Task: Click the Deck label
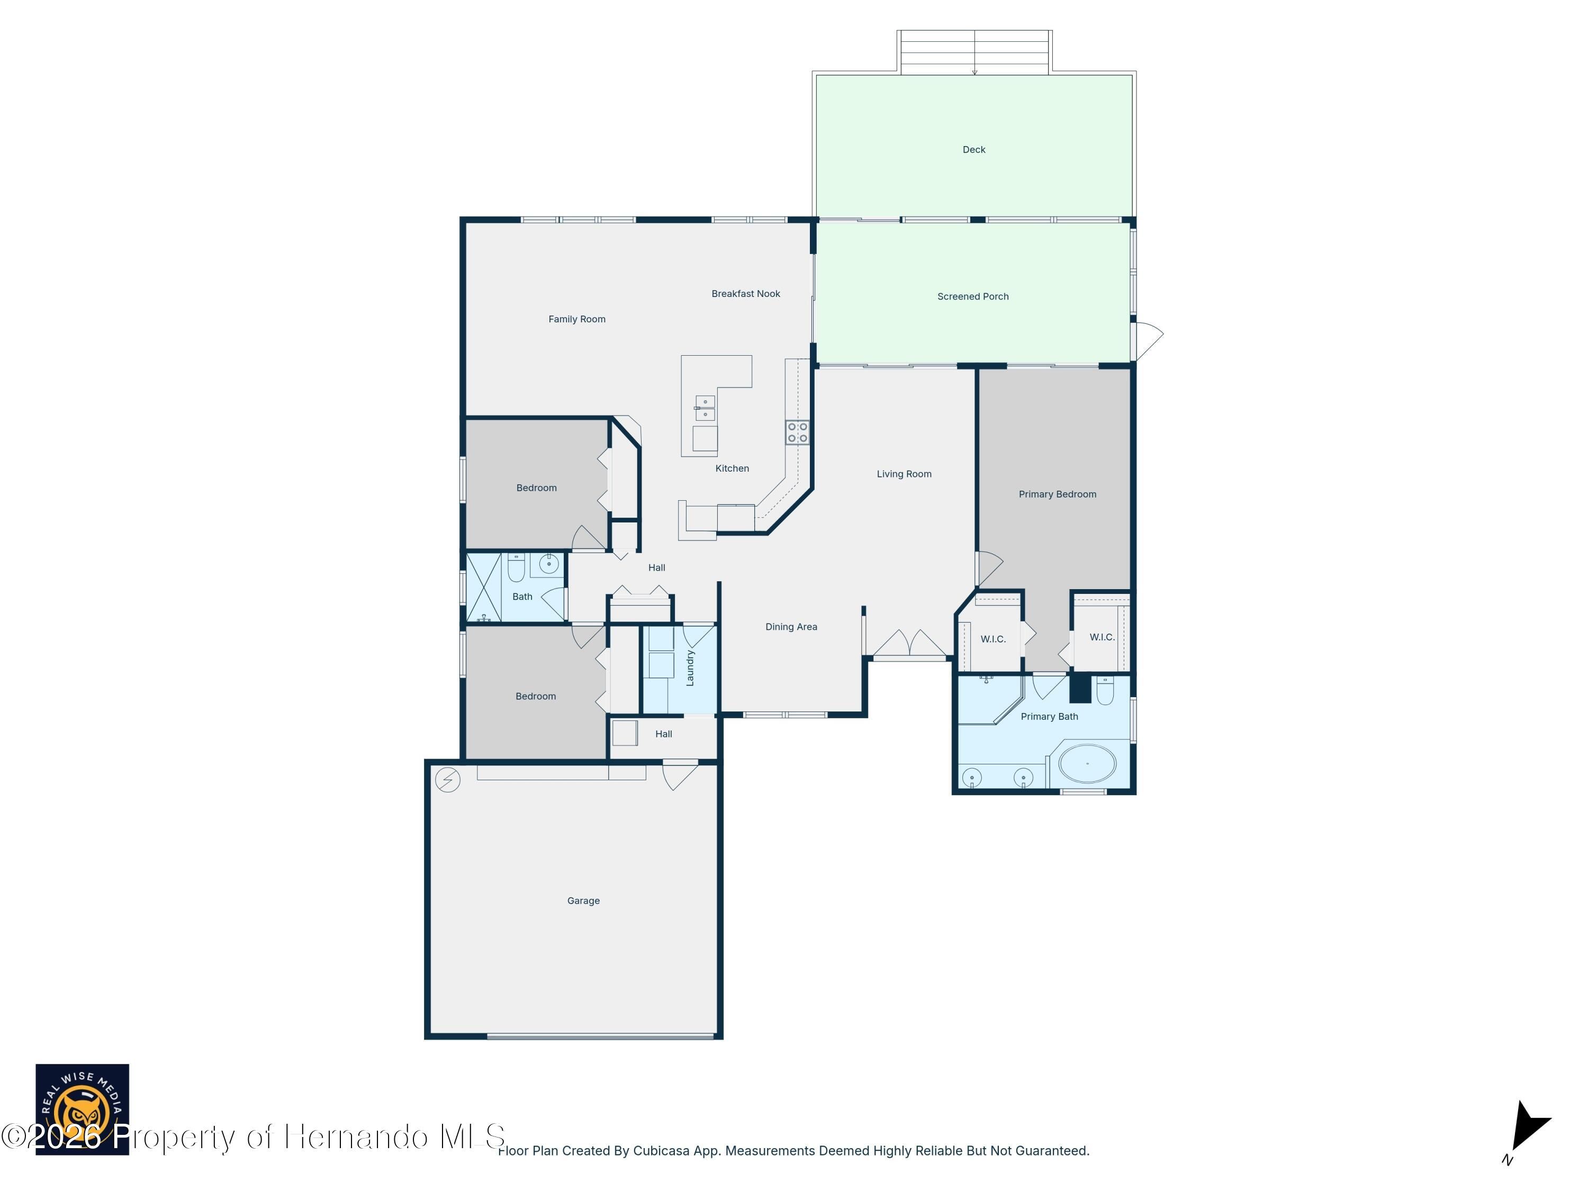tap(973, 149)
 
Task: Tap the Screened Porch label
tap(973, 296)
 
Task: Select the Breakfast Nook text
tap(745, 294)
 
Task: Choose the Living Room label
tap(904, 474)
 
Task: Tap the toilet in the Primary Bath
tap(1105, 690)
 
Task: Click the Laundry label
tap(690, 667)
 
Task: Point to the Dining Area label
tap(791, 627)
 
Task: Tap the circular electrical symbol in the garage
tap(447, 780)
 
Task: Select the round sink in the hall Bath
tap(549, 564)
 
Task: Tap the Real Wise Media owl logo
tap(82, 1109)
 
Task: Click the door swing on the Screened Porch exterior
tap(1147, 342)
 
